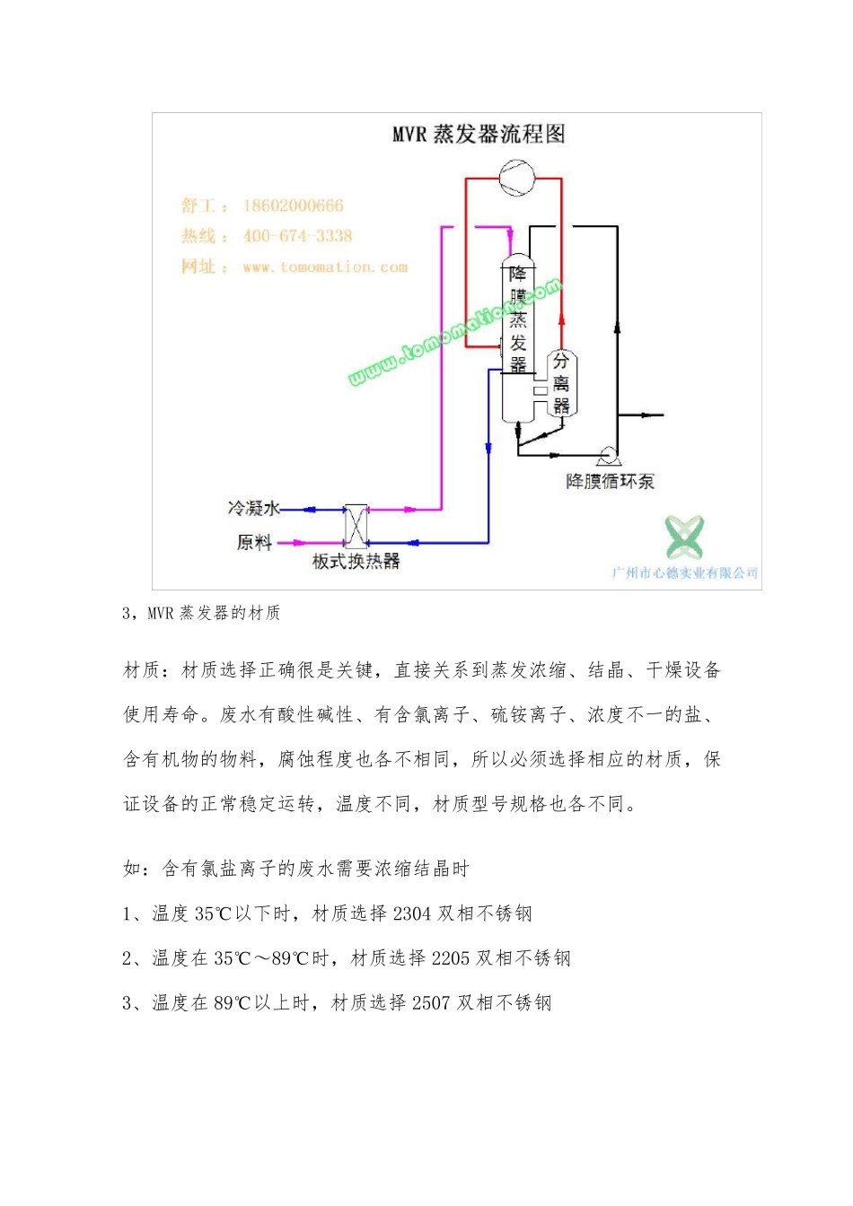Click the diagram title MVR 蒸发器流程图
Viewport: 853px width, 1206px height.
tap(479, 135)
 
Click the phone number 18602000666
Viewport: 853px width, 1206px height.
tap(293, 206)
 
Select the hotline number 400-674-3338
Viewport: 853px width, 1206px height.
tap(297, 237)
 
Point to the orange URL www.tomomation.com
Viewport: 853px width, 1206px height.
tap(325, 267)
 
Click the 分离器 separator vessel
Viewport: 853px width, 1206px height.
tap(561, 384)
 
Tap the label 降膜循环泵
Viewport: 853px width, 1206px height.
tap(610, 482)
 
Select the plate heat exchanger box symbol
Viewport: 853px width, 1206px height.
tap(356, 526)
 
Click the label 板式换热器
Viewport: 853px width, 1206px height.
tap(356, 562)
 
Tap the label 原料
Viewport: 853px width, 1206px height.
tap(254, 542)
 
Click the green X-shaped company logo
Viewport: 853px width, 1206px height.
tap(684, 537)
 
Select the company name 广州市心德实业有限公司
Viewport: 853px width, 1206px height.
tap(684, 573)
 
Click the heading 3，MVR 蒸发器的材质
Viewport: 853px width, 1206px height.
tap(201, 613)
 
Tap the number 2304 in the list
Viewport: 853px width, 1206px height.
tap(412, 914)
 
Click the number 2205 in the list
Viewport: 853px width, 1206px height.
tap(451, 958)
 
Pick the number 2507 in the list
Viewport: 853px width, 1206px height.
tap(431, 1003)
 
